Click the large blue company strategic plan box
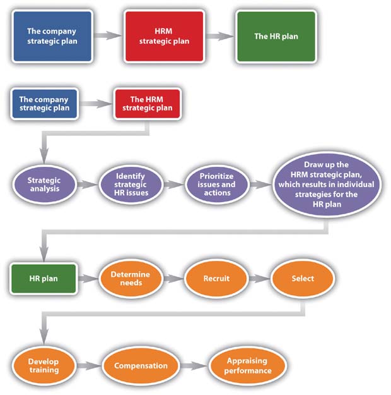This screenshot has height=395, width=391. pos(53,36)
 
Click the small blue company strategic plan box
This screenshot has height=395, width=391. pos(44,104)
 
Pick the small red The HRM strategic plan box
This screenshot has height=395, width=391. pos(147,104)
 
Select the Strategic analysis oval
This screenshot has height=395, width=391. pos(44,184)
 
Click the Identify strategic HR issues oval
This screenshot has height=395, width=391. pos(131,184)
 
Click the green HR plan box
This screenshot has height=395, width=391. pos(44,278)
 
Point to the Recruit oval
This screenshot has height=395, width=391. pos(216,278)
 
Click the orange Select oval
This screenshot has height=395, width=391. pos(302,278)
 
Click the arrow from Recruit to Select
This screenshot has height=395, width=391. pos(259,278)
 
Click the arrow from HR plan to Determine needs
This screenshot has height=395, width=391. pos(87,278)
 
